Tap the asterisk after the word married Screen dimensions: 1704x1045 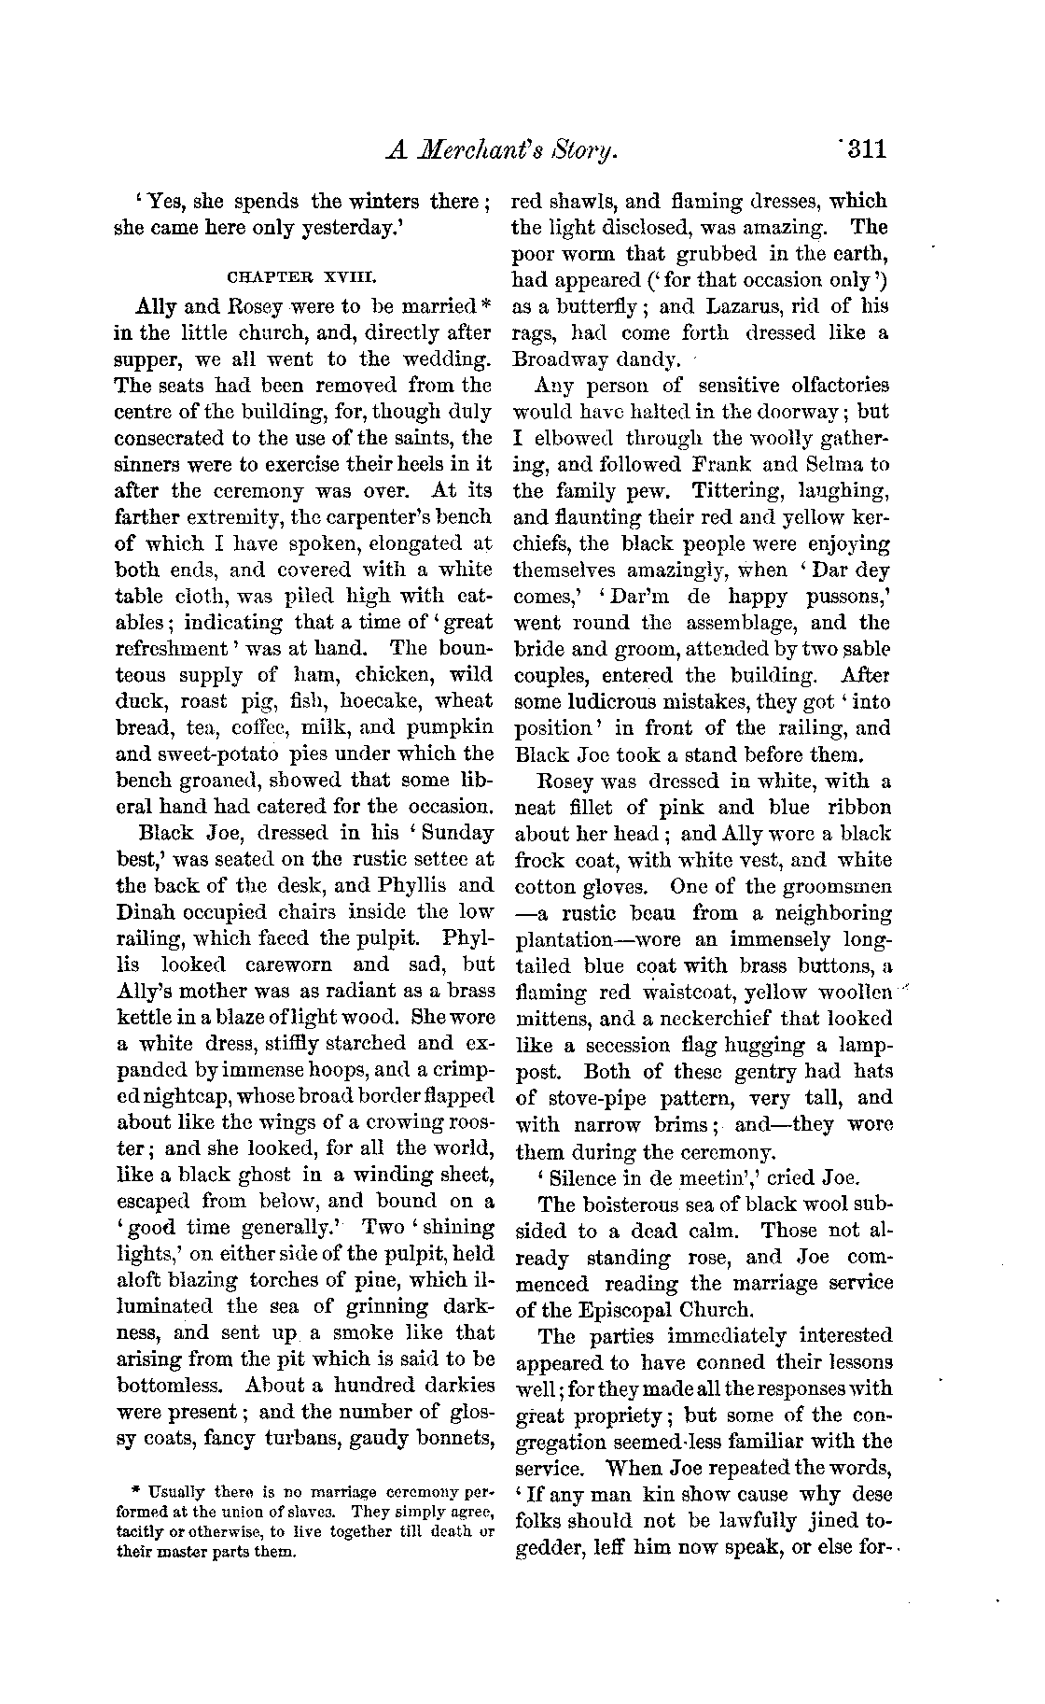(x=485, y=303)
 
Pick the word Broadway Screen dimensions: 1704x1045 (x=560, y=359)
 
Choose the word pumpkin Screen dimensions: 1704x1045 (x=448, y=726)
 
